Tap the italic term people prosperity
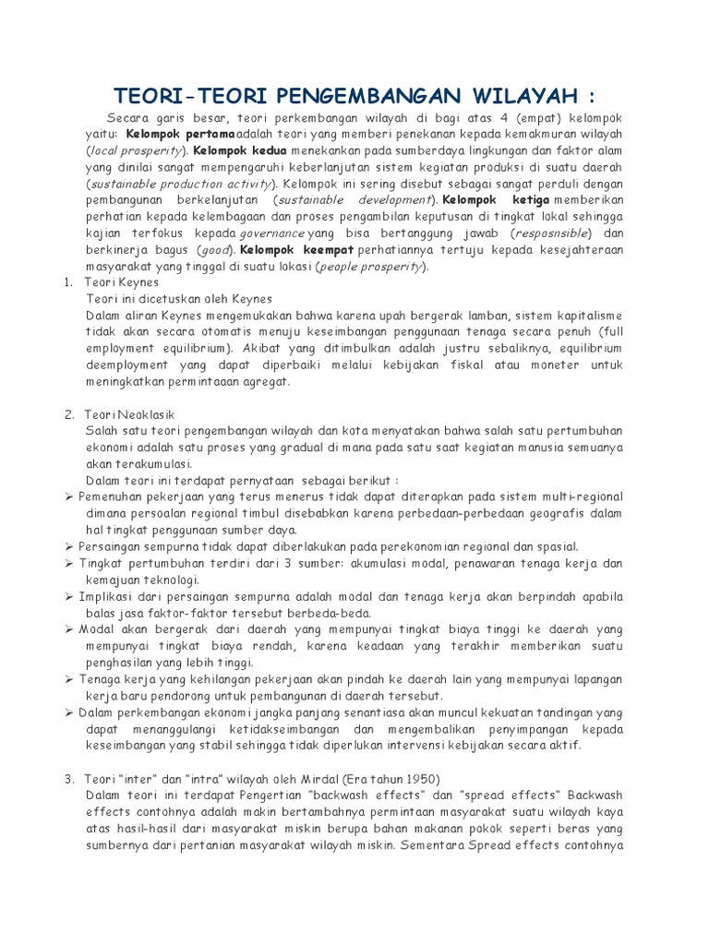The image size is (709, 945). (x=370, y=267)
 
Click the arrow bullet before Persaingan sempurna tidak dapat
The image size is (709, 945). (x=70, y=547)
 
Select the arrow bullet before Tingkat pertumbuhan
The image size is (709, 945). (x=70, y=564)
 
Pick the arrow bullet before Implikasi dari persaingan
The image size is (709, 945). (x=70, y=597)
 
